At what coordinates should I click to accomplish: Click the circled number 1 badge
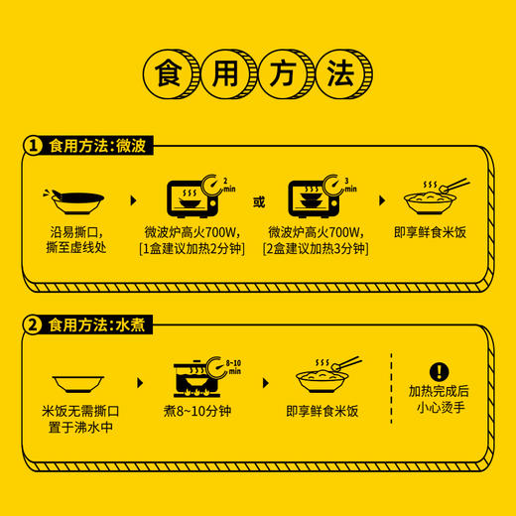coord(34,145)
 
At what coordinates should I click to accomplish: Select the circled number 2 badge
coord(34,322)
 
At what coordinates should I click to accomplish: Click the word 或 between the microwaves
coord(259,201)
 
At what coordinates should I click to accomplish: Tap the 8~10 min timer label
coord(234,367)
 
